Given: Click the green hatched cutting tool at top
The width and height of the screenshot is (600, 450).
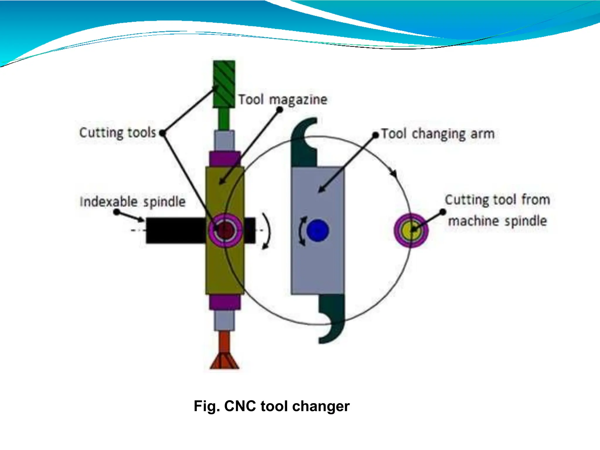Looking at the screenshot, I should click(x=224, y=84).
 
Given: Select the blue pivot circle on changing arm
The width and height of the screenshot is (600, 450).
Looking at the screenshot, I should click(x=318, y=230).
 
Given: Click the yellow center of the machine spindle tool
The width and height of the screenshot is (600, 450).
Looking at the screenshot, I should click(x=411, y=230).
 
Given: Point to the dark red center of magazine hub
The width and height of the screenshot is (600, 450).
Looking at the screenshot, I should click(x=225, y=230).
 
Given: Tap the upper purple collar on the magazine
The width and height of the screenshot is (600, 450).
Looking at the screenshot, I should click(x=225, y=159).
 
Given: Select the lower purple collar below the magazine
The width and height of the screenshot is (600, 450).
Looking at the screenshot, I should click(x=225, y=302).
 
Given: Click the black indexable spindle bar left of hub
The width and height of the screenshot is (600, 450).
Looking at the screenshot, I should click(x=176, y=230).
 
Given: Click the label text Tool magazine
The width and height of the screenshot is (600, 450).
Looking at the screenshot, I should click(x=282, y=100).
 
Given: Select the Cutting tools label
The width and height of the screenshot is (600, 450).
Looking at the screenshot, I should click(x=118, y=133).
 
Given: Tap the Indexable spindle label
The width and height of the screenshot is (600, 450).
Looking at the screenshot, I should click(x=132, y=202).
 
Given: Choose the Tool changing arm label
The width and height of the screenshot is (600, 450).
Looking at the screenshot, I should click(x=438, y=134).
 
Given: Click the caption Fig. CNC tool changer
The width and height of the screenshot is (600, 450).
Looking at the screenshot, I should click(x=272, y=406).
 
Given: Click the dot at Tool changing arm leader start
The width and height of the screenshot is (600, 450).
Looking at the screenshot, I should click(x=375, y=135).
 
